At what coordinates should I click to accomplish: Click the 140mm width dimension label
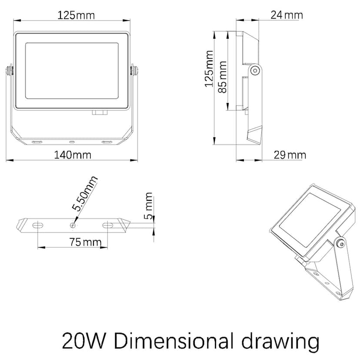[x=73, y=155]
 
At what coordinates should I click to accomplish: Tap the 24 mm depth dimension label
[x=287, y=15]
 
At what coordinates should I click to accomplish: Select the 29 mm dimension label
[x=290, y=155]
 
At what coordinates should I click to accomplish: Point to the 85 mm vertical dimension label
[x=222, y=77]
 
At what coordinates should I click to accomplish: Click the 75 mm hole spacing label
[x=85, y=242]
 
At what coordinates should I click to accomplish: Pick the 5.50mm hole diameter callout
[x=85, y=193]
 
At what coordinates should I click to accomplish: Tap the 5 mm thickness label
[x=149, y=206]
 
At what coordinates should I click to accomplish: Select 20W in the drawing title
[x=83, y=341]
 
